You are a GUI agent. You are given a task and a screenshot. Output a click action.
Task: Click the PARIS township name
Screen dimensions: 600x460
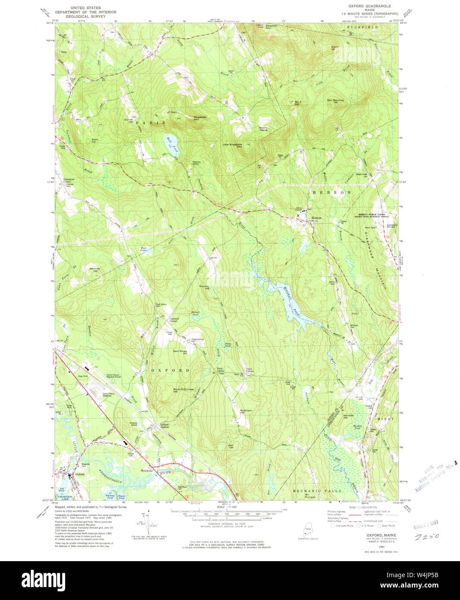(151, 123)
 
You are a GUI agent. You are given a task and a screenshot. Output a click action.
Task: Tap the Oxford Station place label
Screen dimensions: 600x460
(164, 426)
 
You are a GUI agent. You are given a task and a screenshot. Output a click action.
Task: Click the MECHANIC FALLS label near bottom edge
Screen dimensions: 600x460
(317, 491)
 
